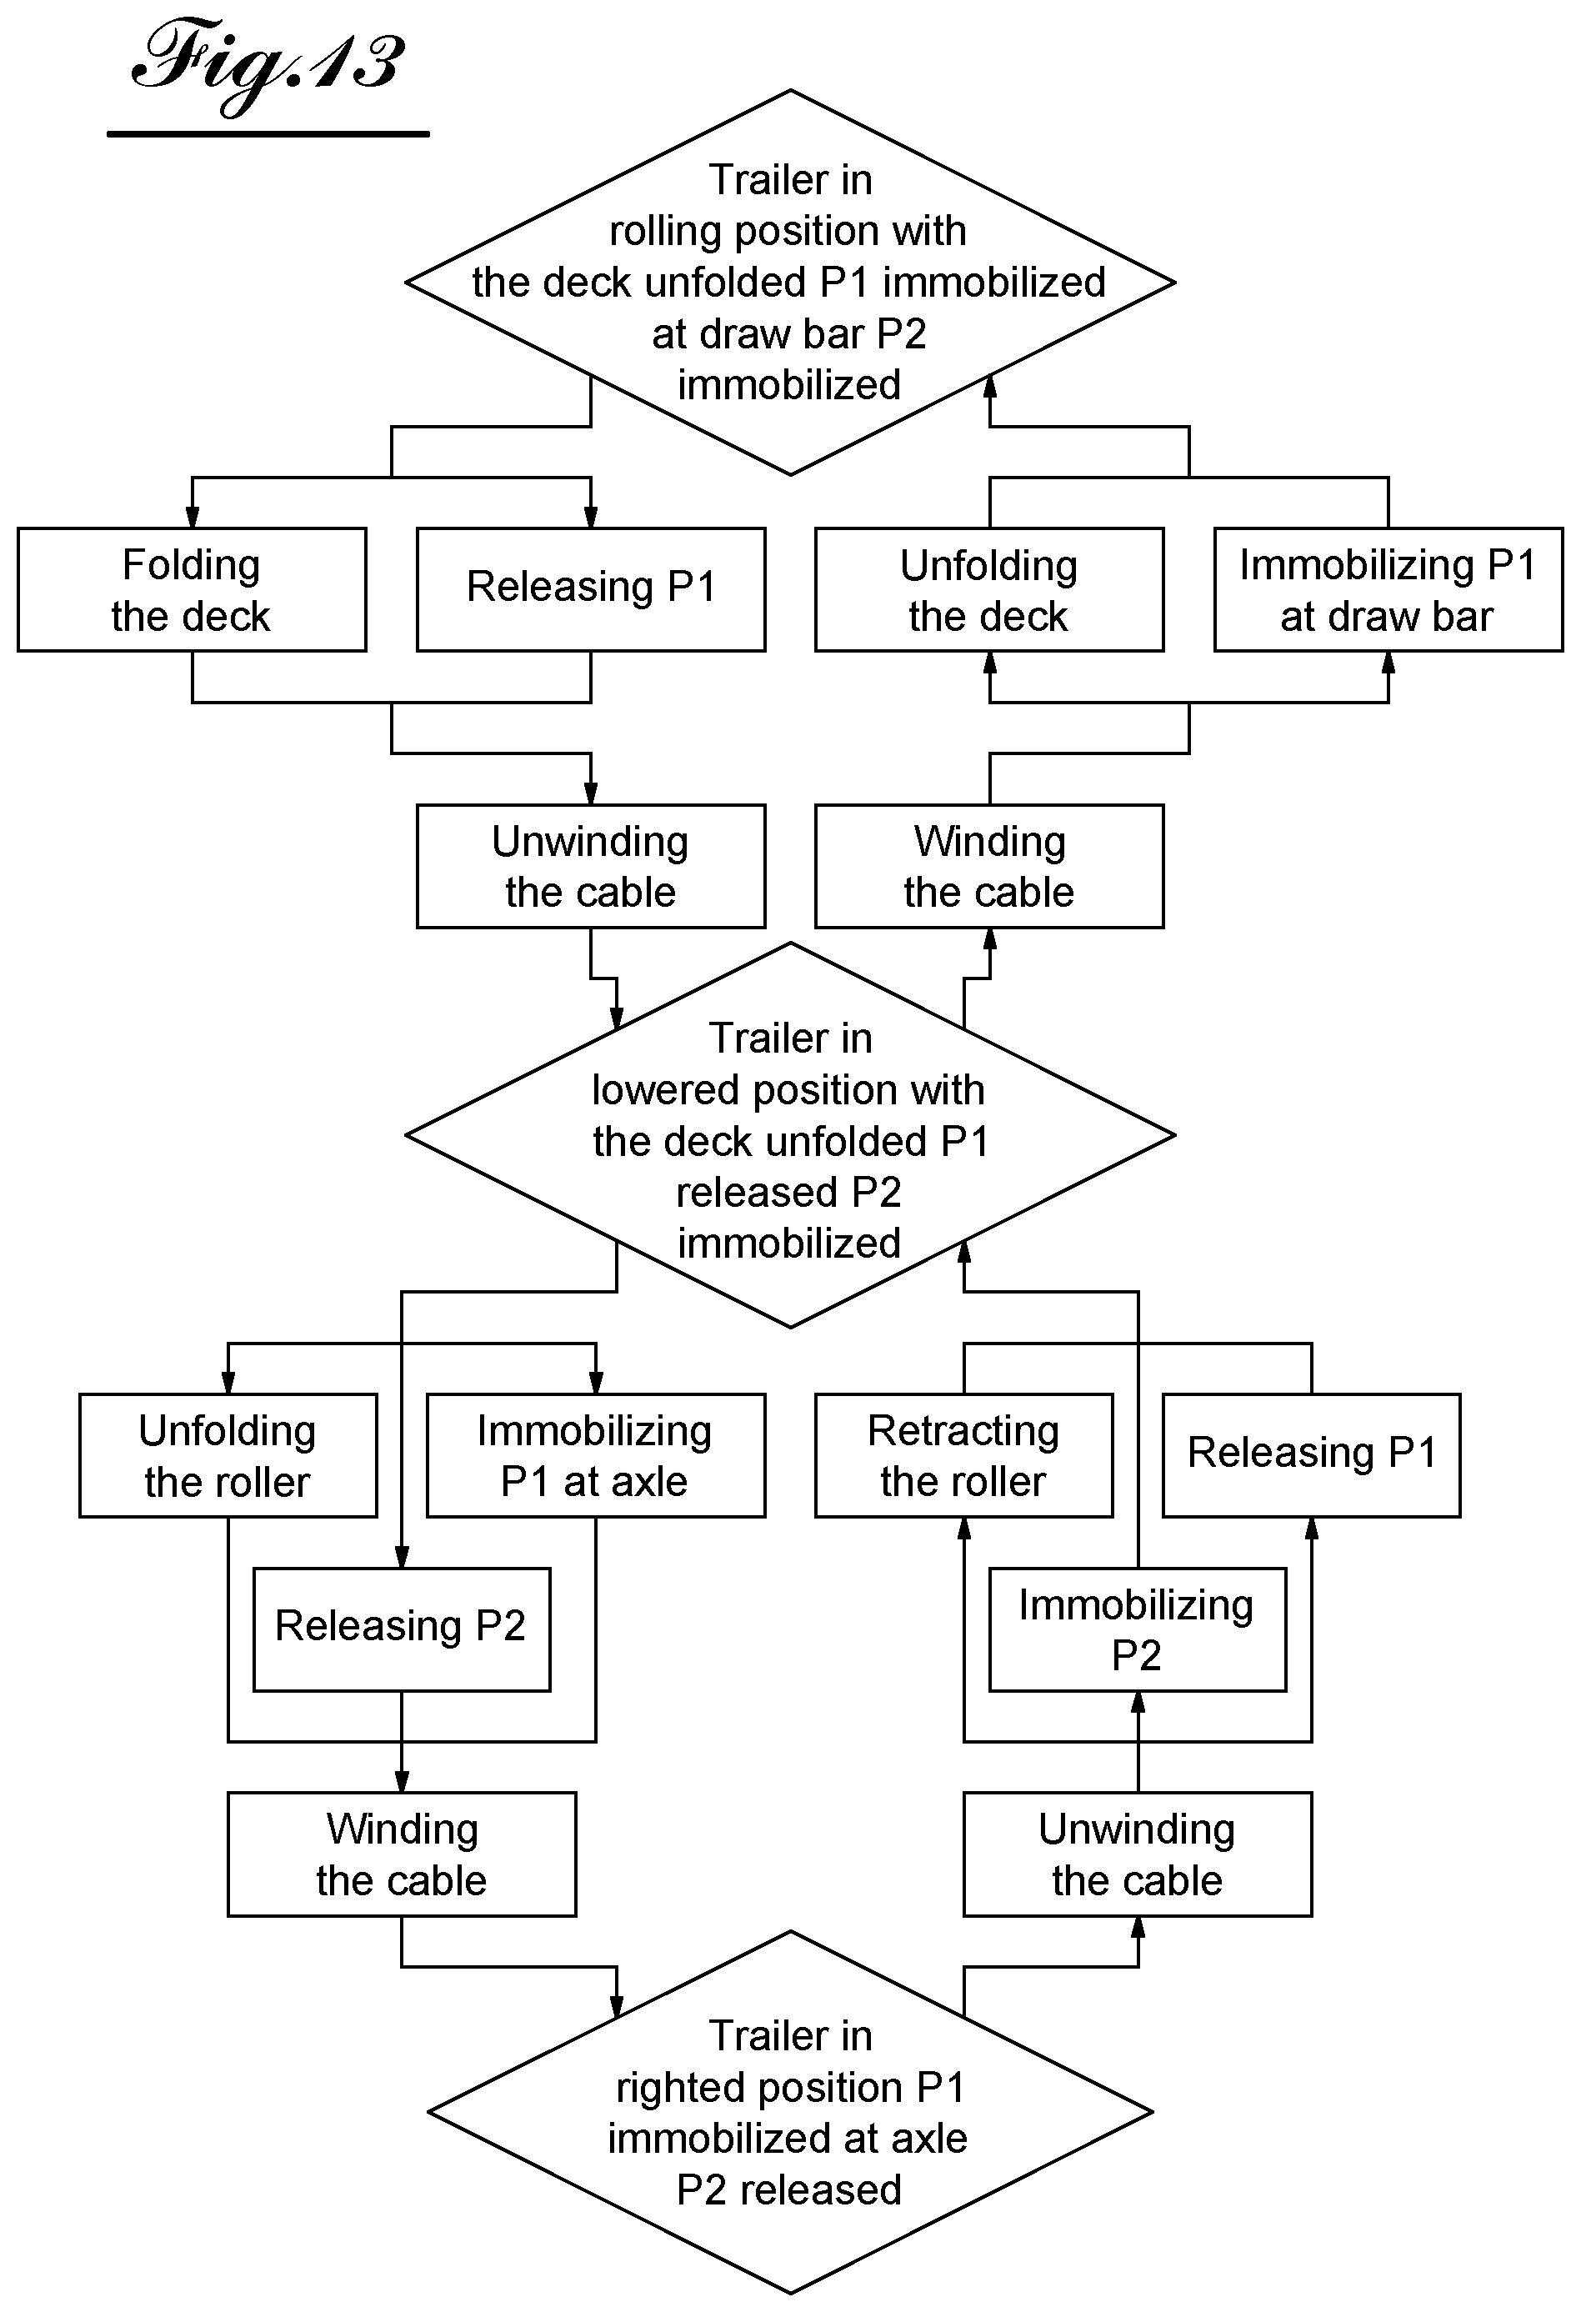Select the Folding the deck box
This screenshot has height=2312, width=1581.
pyautogui.click(x=192, y=590)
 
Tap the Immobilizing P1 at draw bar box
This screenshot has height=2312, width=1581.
pyautogui.click(x=1388, y=590)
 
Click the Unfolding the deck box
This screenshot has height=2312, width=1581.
pyautogui.click(x=989, y=590)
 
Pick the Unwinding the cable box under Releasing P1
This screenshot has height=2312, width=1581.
pyautogui.click(x=591, y=867)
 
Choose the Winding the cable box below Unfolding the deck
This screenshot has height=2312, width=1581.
pyautogui.click(x=989, y=867)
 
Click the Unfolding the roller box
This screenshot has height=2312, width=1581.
pyautogui.click(x=228, y=1455)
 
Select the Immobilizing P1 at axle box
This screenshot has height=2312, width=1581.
pyautogui.click(x=596, y=1455)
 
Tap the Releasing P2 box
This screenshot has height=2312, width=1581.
pyautogui.click(x=402, y=1629)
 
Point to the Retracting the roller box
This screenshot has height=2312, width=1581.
pyautogui.click(x=964, y=1455)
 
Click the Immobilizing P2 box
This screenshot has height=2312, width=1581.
pyautogui.click(x=1138, y=1629)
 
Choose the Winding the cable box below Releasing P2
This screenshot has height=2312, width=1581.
pyautogui.click(x=402, y=1854)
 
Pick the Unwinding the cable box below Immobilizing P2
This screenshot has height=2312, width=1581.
pyautogui.click(x=1138, y=1854)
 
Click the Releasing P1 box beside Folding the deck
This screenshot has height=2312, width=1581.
pyautogui.click(x=591, y=590)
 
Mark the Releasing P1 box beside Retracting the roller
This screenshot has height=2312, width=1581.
pyautogui.click(x=1311, y=1455)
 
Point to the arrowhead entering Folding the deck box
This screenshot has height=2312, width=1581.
pyautogui.click(x=192, y=518)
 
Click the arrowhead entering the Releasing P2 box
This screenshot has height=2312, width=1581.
pyautogui.click(x=402, y=1557)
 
